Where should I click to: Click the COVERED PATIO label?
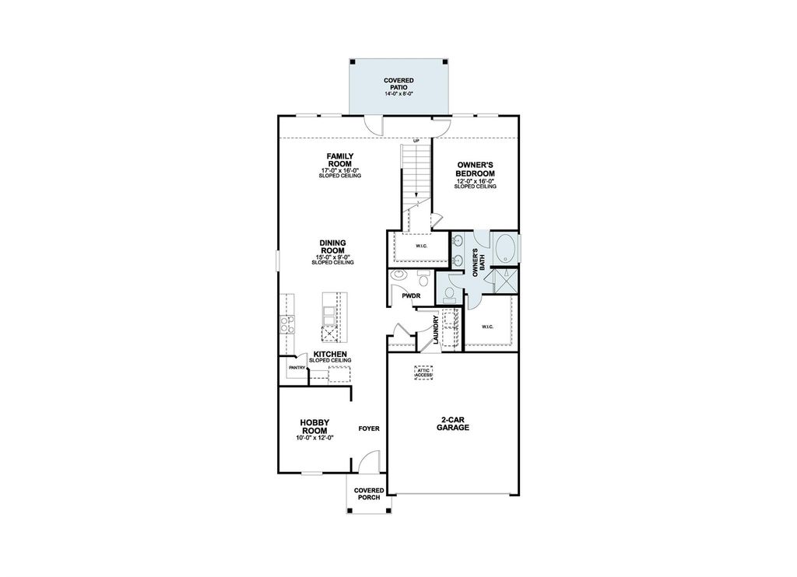click(398, 84)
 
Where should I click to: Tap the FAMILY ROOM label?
click(340, 160)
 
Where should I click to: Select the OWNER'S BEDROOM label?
click(476, 169)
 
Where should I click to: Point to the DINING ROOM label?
click(332, 247)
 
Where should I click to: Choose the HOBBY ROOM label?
click(314, 427)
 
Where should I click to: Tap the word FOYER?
click(368, 428)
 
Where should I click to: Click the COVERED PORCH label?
click(369, 494)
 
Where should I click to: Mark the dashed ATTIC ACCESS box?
click(423, 372)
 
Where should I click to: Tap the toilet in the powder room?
click(423, 277)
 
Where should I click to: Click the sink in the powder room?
click(399, 275)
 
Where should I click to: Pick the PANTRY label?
click(297, 367)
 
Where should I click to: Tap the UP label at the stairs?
click(416, 141)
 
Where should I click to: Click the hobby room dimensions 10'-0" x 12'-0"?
click(314, 438)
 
